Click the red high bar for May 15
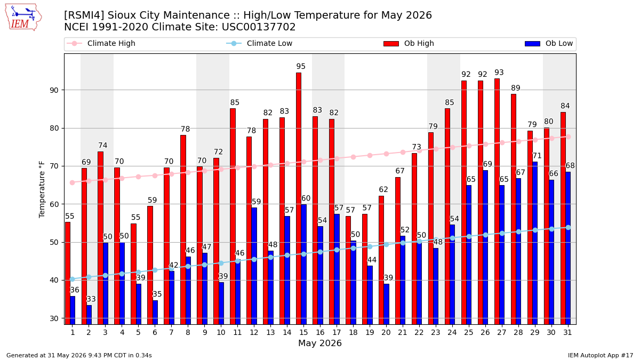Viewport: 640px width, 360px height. tap(299, 198)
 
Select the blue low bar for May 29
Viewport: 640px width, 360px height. tap(535, 243)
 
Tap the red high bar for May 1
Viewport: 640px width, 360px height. tap(68, 274)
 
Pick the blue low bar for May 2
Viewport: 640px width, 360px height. tap(89, 315)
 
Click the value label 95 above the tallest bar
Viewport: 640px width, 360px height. tap(301, 66)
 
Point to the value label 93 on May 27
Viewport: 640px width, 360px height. tap(499, 73)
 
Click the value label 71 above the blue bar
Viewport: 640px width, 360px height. tap(537, 156)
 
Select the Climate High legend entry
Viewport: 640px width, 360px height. tap(101, 43)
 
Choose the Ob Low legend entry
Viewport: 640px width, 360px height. tap(549, 43)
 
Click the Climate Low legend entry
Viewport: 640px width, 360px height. tap(259, 43)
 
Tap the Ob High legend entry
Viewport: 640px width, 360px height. tap(409, 43)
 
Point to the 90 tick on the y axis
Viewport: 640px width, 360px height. tap(54, 90)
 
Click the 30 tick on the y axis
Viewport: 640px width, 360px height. tap(54, 318)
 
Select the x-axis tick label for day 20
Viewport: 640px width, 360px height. tap(386, 333)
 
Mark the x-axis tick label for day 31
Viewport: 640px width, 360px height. tap(567, 333)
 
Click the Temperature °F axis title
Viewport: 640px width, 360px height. tap(42, 189)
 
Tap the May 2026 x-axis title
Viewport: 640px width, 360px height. tap(320, 343)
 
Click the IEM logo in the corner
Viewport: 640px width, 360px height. tap(23, 18)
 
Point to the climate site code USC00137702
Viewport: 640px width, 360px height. tap(259, 27)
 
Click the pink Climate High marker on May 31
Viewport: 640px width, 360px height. tap(569, 137)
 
